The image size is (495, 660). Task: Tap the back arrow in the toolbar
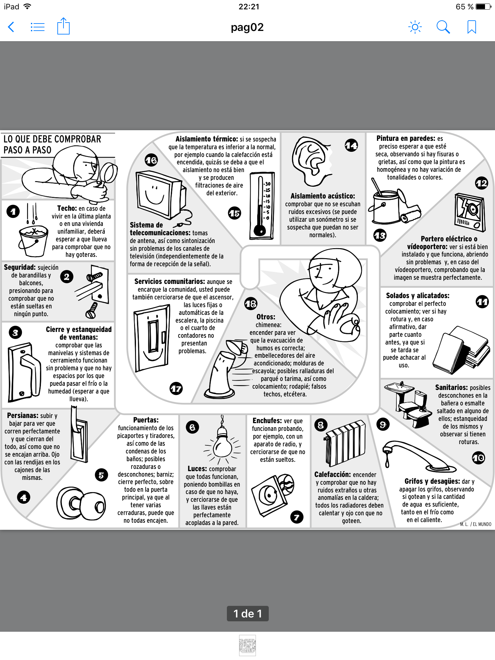coord(11,27)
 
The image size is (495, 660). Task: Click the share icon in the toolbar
coord(63,26)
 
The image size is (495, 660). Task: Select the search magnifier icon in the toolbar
coord(443,27)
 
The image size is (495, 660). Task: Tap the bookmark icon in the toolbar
coord(471,27)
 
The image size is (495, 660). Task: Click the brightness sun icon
coord(415,27)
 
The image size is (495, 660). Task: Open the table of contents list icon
coord(37,27)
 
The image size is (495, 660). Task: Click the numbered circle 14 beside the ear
coord(351,146)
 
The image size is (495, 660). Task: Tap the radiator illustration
coord(345,442)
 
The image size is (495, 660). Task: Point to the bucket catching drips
coord(33,240)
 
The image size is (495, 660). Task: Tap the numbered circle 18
coord(251,304)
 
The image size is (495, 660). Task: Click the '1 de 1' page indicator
coord(247,613)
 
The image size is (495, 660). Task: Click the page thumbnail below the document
coord(247,645)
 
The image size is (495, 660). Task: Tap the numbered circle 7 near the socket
coord(296,518)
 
